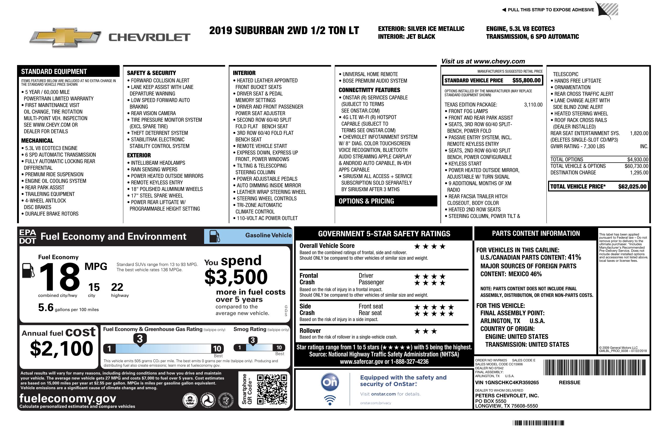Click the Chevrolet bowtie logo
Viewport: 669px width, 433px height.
click(x=65, y=37)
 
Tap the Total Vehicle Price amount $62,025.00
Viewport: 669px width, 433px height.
click(x=632, y=186)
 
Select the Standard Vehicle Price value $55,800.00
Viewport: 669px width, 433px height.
click(x=526, y=80)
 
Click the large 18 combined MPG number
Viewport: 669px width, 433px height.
click(x=60, y=277)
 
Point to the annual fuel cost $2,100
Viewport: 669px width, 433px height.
click(x=61, y=349)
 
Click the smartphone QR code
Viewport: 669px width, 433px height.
click(x=272, y=389)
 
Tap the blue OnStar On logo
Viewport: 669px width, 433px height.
click(x=330, y=382)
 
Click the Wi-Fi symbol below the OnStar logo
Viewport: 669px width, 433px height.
click(x=330, y=400)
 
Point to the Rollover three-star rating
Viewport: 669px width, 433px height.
click(x=426, y=331)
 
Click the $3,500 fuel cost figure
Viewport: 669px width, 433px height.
click(x=236, y=277)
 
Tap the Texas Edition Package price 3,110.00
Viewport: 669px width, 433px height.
click(x=533, y=105)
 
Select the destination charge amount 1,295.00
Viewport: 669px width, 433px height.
click(x=639, y=173)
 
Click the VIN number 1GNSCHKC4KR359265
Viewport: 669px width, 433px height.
click(x=507, y=382)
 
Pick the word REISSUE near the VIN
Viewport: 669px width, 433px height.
click(x=569, y=382)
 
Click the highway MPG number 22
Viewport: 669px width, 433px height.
click(x=117, y=287)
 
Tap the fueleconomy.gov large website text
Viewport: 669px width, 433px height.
click(x=68, y=398)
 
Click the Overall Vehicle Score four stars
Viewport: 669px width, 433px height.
click(x=430, y=247)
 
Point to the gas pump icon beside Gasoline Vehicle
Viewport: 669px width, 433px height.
click(x=215, y=236)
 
